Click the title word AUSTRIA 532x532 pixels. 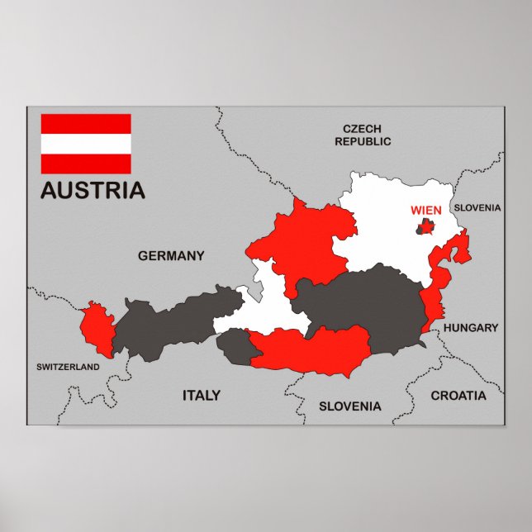[x=93, y=190]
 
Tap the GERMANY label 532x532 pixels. [x=170, y=256]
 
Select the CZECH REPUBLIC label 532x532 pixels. [x=363, y=135]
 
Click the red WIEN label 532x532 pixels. [x=426, y=210]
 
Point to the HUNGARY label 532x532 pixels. [x=471, y=328]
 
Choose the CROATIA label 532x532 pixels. [x=458, y=396]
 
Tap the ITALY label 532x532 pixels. [x=201, y=396]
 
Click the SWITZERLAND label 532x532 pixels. [x=68, y=366]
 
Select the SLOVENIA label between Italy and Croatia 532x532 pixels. [x=350, y=406]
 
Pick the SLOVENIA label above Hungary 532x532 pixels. [x=477, y=208]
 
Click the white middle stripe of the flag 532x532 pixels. [x=86, y=144]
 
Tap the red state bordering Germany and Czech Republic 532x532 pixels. [x=302, y=244]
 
